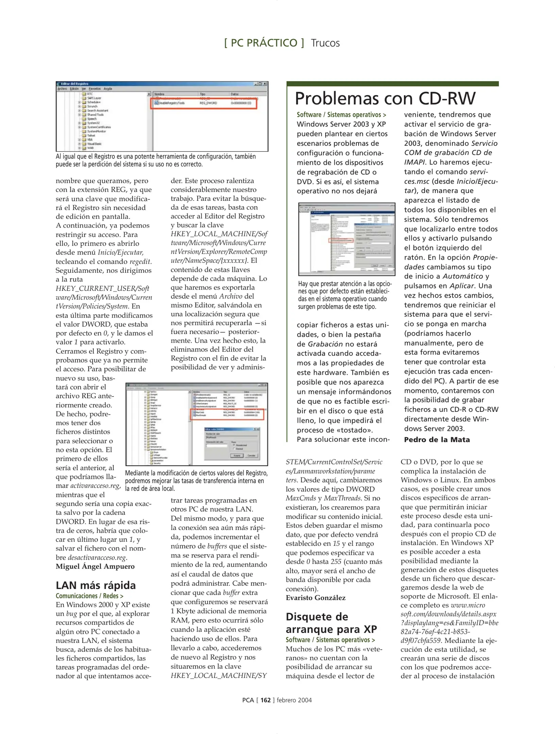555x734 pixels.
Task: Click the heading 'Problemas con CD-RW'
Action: point(385,99)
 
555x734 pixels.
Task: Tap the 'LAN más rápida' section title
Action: point(96,585)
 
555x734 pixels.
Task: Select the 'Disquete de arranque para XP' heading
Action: point(331,623)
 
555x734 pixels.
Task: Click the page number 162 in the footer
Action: point(265,700)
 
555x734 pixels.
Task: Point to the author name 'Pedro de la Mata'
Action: point(437,440)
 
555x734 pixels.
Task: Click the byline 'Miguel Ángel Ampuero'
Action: point(95,566)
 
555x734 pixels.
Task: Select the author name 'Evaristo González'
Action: point(315,598)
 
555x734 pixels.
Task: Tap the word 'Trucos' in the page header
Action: point(325,43)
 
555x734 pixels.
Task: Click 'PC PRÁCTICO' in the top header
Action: point(264,43)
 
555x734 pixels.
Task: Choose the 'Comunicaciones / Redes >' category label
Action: point(89,596)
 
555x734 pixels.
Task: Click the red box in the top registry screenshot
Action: point(203,103)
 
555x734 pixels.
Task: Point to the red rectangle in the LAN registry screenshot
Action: point(227,415)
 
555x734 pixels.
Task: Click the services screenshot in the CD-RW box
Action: point(347,239)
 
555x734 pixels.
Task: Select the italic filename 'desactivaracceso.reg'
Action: point(97,557)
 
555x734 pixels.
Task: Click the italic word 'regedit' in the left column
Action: point(140,262)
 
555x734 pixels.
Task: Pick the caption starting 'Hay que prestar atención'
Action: point(344,295)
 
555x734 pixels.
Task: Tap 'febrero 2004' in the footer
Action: point(294,700)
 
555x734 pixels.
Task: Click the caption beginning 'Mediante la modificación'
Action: point(196,480)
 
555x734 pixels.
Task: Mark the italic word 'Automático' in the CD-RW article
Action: point(462,276)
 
